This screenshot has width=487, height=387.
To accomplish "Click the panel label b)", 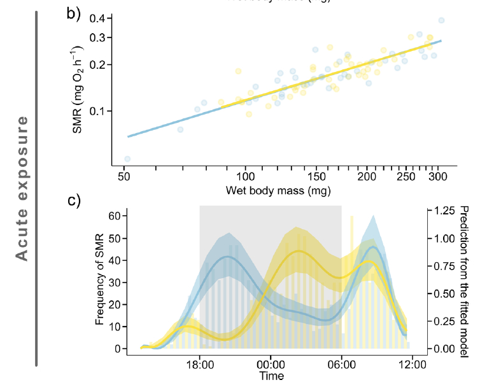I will click(74, 14).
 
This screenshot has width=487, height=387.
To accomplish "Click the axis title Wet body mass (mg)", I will click(279, 189).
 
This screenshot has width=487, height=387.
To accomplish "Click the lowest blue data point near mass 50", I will click(127, 158).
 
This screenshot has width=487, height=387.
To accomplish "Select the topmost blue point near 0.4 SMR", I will click(441, 20).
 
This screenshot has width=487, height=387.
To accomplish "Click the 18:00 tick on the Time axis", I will click(200, 365).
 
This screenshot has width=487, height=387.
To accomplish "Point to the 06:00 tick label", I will click(341, 365).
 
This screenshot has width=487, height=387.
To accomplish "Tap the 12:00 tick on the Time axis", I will click(412, 365).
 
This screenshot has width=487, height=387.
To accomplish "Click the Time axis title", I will click(271, 377).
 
